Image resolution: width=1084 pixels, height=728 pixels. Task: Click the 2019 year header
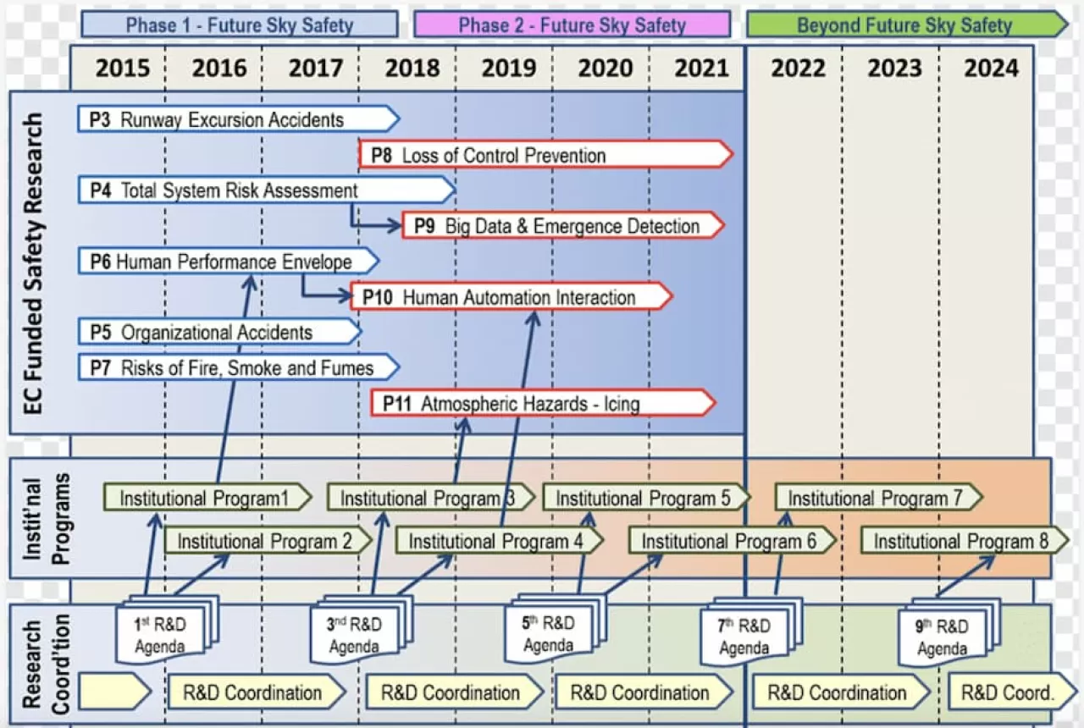pyautogui.click(x=508, y=68)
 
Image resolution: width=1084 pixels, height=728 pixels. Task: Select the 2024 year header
pyautogui.click(x=991, y=68)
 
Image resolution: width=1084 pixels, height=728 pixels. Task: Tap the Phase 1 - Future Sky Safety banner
pyautogui.click(x=240, y=25)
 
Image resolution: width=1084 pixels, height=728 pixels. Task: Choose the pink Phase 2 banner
pyautogui.click(x=572, y=25)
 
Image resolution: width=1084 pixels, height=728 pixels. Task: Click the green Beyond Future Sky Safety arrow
pyautogui.click(x=904, y=25)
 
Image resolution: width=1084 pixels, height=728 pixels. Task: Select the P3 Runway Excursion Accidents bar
pyautogui.click(x=237, y=119)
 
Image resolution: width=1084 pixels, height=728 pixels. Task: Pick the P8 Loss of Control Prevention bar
pyautogui.click(x=545, y=155)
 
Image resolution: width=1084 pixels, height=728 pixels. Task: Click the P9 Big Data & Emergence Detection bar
pyautogui.click(x=563, y=226)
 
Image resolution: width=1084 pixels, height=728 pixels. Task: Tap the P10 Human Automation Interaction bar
pyautogui.click(x=512, y=297)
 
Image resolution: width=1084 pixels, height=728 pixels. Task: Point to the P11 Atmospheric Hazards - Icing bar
pyautogui.click(x=543, y=403)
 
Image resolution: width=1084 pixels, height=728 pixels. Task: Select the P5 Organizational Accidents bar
pyautogui.click(x=218, y=332)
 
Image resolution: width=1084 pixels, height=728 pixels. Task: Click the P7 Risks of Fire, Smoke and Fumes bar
pyautogui.click(x=237, y=367)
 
